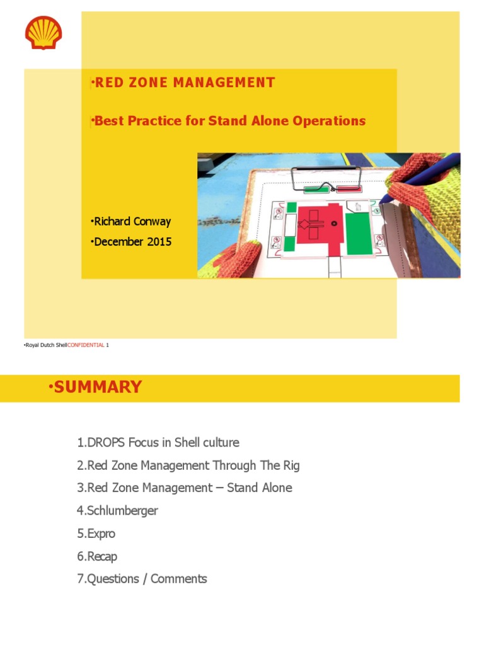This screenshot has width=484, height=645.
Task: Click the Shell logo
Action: point(43,33)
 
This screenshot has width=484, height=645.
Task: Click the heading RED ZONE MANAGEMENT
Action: point(183,83)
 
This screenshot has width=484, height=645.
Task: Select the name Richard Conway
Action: point(132,221)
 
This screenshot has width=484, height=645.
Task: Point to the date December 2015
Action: point(132,241)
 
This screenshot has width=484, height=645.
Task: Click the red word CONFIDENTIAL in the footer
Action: point(86,346)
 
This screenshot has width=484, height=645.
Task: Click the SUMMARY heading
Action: point(97,387)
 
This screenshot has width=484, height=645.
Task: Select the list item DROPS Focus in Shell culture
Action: point(158,442)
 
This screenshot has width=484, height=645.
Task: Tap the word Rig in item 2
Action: point(291,465)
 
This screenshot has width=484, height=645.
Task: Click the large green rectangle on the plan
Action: point(359,233)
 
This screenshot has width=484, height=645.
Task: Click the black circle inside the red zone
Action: point(334,223)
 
